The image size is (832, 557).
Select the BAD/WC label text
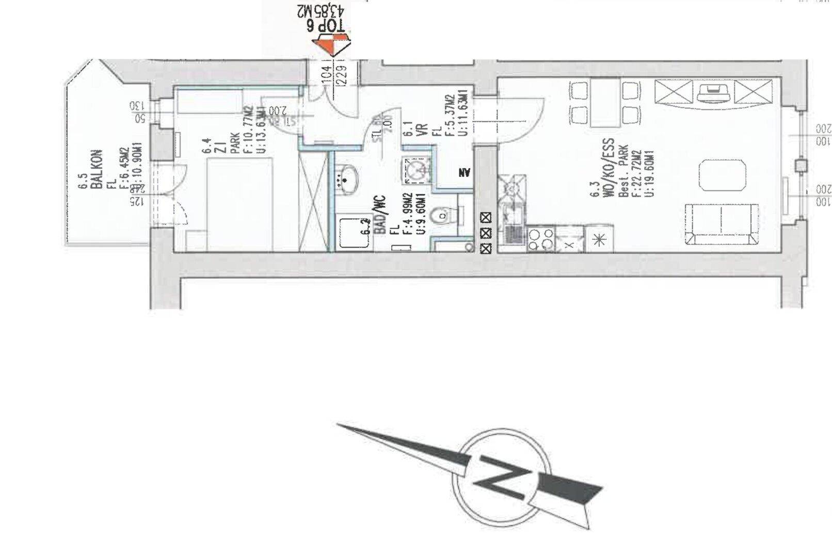(380, 215)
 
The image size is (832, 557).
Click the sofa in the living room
(722, 224)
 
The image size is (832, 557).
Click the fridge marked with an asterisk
(599, 239)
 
